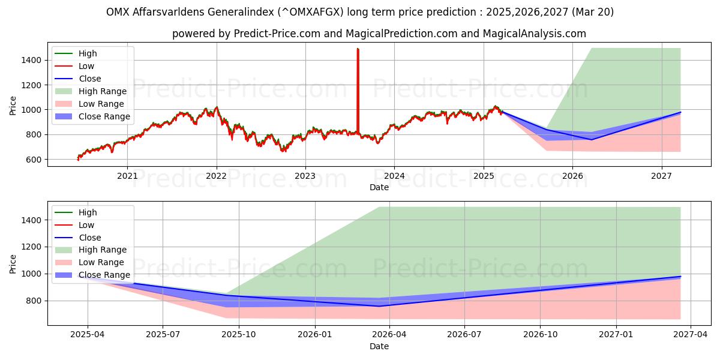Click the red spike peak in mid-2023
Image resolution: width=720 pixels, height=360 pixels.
(x=358, y=49)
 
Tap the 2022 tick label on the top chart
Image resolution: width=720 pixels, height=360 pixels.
(x=216, y=176)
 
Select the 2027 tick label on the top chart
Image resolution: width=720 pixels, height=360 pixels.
(x=662, y=176)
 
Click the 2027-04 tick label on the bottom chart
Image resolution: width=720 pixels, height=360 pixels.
(x=691, y=335)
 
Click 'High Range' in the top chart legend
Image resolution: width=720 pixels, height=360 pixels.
(x=103, y=91)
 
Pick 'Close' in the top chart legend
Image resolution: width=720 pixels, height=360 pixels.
(x=90, y=79)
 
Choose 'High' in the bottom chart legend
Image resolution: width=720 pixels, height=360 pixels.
(x=88, y=212)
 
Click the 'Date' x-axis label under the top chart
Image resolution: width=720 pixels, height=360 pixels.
(x=379, y=187)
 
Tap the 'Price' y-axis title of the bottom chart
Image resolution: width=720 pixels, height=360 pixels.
(x=13, y=263)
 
